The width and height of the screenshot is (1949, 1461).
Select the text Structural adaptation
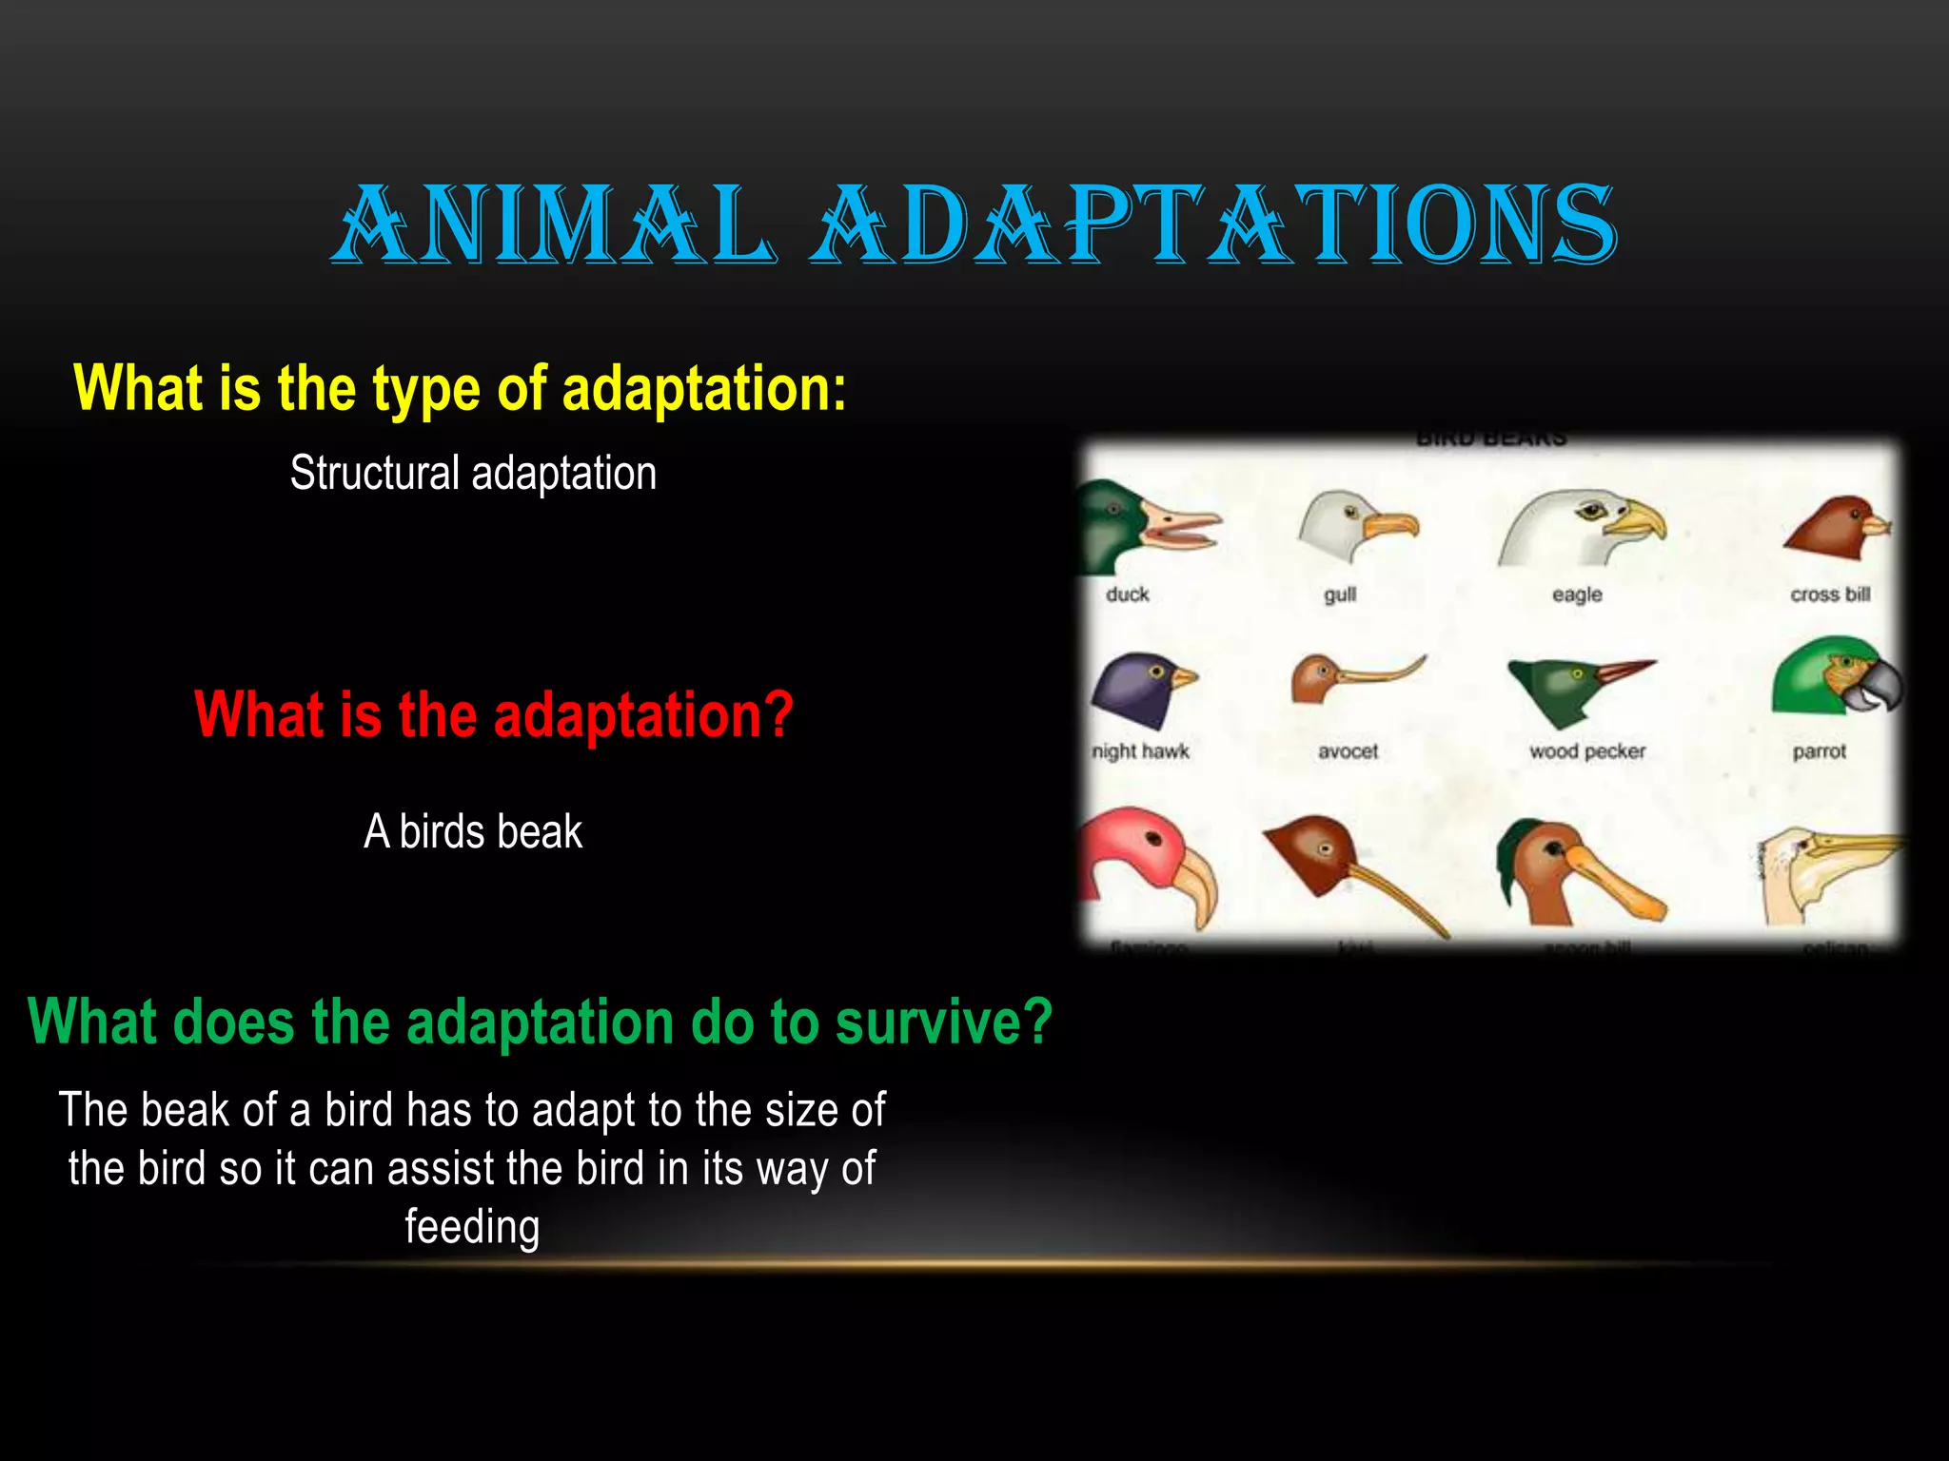pos(473,474)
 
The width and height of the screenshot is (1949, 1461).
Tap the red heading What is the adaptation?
pos(493,714)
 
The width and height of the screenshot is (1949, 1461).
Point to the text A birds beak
pos(473,832)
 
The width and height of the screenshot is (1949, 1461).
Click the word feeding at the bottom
pos(472,1227)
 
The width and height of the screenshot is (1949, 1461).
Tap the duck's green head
pos(1109,523)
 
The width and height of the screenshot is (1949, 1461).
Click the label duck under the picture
pos(1128,594)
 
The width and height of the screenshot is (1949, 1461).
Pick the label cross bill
pos(1830,594)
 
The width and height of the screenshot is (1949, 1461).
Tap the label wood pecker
pos(1587,751)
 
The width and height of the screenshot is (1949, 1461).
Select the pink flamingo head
pos(1142,856)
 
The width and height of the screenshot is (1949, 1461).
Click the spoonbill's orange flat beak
pos(1618,885)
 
